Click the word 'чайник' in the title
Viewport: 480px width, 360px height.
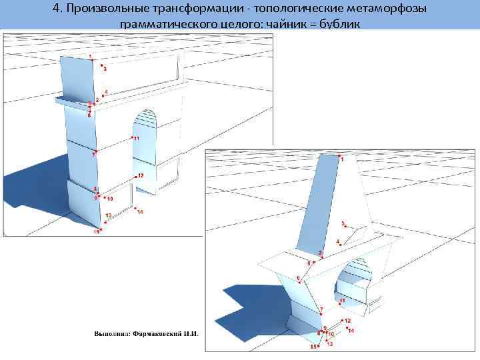(x=297, y=24)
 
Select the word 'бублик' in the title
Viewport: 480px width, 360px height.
(x=341, y=24)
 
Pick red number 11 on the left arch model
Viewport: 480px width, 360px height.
(x=136, y=138)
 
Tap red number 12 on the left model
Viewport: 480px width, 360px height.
(x=141, y=175)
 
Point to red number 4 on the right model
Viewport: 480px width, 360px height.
(x=338, y=241)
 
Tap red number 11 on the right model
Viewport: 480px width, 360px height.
(x=341, y=301)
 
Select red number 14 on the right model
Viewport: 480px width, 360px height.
(x=351, y=331)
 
